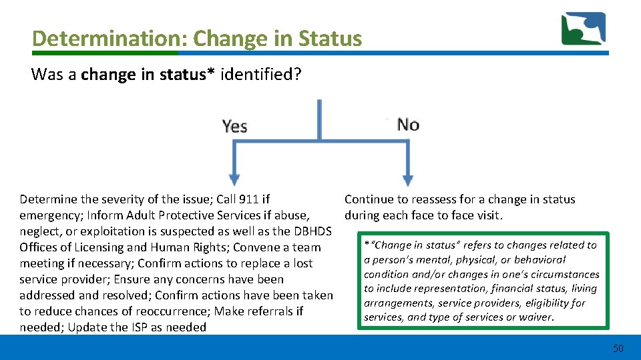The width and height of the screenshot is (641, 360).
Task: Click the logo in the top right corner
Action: click(583, 29)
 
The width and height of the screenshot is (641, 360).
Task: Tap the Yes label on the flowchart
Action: click(234, 125)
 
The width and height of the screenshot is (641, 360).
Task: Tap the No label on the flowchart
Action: click(408, 124)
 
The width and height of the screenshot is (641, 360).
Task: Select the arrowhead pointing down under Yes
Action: click(234, 179)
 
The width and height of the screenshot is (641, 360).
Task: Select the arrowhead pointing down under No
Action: click(407, 179)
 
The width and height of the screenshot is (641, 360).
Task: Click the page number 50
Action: click(618, 348)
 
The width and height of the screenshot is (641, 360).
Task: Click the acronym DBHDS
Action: click(312, 231)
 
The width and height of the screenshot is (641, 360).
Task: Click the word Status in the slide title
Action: click(331, 38)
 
